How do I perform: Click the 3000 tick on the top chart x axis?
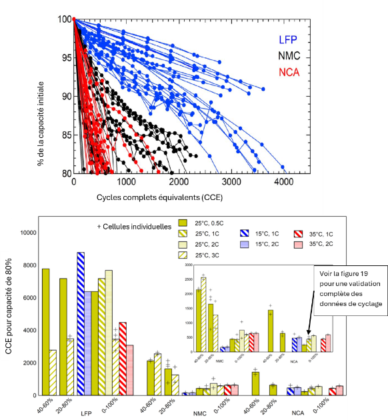point(231,181)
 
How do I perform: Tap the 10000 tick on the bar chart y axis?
point(29,233)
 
